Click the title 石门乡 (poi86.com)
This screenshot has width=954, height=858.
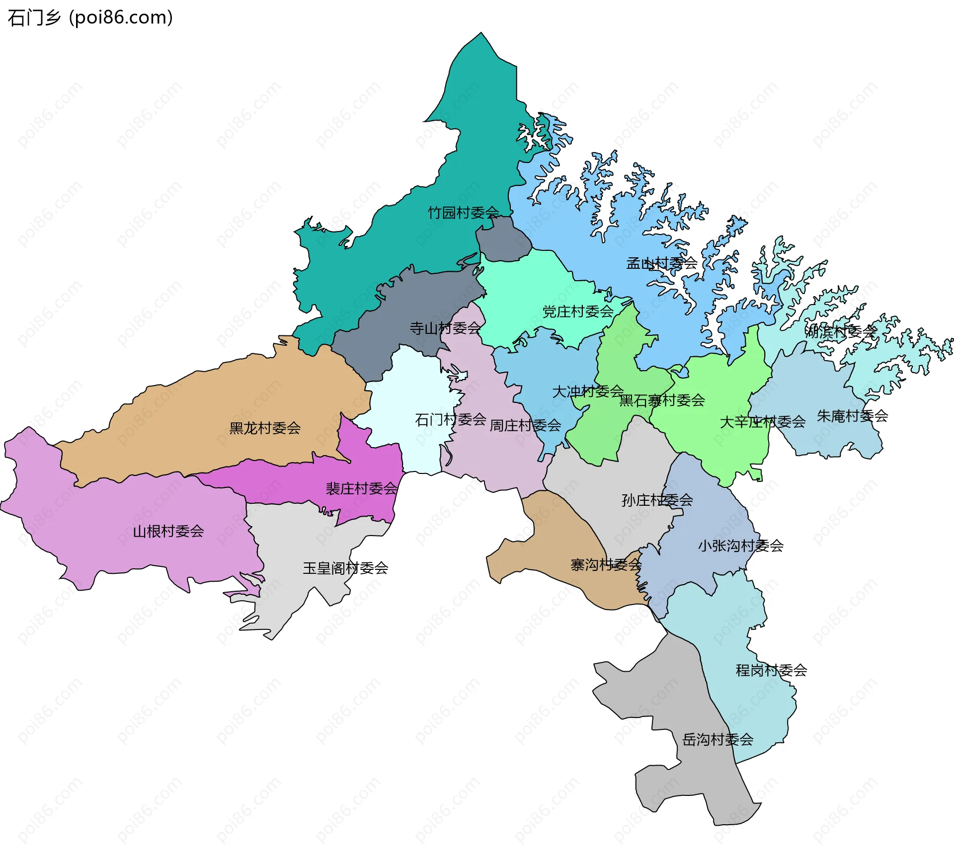coord(90,18)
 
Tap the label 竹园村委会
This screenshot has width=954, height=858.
coord(463,213)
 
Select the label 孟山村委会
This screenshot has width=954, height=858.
coord(661,263)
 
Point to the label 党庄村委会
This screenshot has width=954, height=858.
coord(578,312)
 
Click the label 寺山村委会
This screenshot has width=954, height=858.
coord(445,328)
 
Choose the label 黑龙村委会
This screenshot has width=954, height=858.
coord(265,428)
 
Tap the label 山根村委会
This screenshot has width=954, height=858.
coord(168,531)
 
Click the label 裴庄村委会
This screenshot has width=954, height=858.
coord(361,488)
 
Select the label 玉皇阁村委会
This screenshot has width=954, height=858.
coord(345,568)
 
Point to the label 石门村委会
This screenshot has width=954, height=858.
coord(450,420)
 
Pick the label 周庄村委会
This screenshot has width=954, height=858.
coord(525,425)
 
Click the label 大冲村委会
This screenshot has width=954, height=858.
coord(588,391)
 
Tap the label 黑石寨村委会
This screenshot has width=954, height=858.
coord(662,400)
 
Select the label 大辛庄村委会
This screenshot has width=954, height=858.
coord(762,422)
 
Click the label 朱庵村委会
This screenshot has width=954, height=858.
coord(852,416)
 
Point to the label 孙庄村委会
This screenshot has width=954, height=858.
coord(657,500)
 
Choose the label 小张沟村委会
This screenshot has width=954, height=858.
coord(740,546)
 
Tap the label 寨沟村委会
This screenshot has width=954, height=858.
coord(606,564)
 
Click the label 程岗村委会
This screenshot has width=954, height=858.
coord(771,670)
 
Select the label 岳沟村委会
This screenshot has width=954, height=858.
coord(717,739)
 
